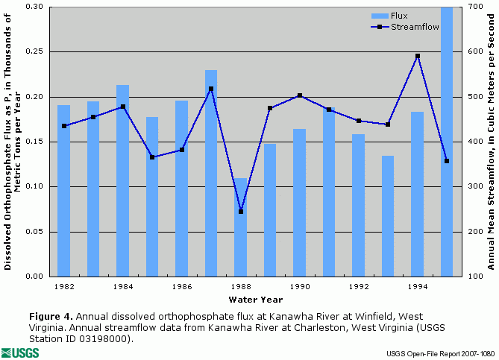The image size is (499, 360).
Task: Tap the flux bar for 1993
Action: [x=388, y=216]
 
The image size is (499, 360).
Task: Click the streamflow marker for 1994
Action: [x=418, y=56]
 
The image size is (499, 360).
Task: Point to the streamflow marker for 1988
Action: [x=240, y=212]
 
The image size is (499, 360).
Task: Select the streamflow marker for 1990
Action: [x=300, y=95]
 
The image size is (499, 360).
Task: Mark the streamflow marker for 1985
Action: [x=152, y=157]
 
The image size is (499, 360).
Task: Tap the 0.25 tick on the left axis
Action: [x=34, y=51]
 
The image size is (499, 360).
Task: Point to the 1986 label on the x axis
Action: [x=182, y=286]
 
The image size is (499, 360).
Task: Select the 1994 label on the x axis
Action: [x=418, y=286]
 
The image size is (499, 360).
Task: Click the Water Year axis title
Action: [x=256, y=300]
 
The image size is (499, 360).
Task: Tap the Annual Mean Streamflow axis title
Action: [x=491, y=142]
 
